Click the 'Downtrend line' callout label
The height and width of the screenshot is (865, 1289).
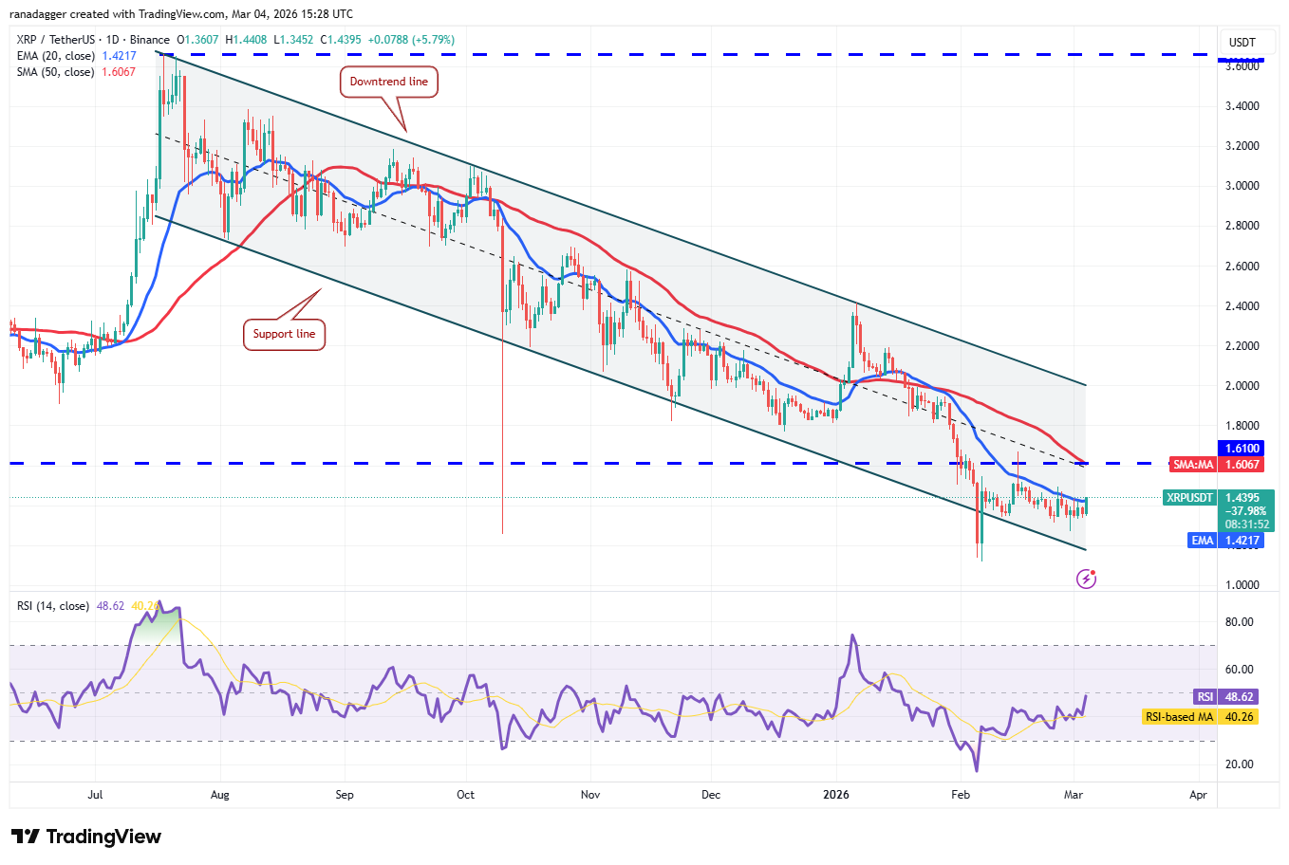coord(388,82)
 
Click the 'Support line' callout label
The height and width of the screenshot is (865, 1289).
coord(284,334)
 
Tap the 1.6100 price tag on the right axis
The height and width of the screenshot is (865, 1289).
coord(1242,449)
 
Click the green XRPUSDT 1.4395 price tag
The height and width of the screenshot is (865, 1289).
coord(1219,498)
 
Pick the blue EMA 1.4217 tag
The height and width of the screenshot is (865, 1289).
coord(1225,541)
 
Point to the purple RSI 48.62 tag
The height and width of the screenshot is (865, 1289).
coord(1225,697)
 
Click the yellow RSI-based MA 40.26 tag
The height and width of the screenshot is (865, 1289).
coord(1200,717)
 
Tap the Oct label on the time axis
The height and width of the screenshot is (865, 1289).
coord(466,795)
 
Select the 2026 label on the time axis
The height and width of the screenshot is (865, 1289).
coord(836,795)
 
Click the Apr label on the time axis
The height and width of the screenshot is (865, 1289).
coord(1198,795)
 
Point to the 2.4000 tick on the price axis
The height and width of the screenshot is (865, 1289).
coord(1242,306)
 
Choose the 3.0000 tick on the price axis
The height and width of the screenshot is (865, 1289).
coord(1242,186)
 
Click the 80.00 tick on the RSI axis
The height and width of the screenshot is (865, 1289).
coord(1239,622)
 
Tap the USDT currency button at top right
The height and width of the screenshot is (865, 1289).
coord(1242,42)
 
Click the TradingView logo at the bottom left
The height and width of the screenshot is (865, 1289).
coord(86,837)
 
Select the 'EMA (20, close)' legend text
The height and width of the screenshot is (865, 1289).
coord(55,56)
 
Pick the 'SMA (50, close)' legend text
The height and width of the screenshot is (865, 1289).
coord(55,72)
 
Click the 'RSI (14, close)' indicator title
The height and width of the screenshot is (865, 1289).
coord(53,606)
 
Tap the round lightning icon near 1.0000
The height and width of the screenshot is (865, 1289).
coord(1087,579)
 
